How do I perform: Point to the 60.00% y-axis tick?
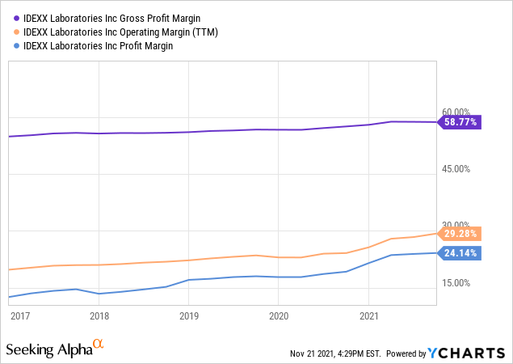456,112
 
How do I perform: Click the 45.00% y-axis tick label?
456,168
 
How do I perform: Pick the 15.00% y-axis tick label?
456,282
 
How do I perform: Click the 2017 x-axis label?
20,316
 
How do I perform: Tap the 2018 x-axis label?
99,316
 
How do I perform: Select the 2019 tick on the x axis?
188,316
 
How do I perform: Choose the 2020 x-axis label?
278,316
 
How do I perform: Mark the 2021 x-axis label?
368,316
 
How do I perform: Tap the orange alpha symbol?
99,345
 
